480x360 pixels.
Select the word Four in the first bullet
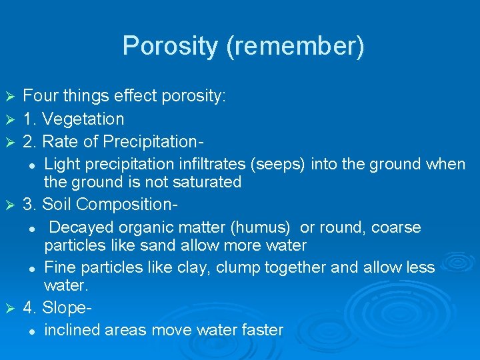point(41,96)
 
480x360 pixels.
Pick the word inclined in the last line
point(67,330)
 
